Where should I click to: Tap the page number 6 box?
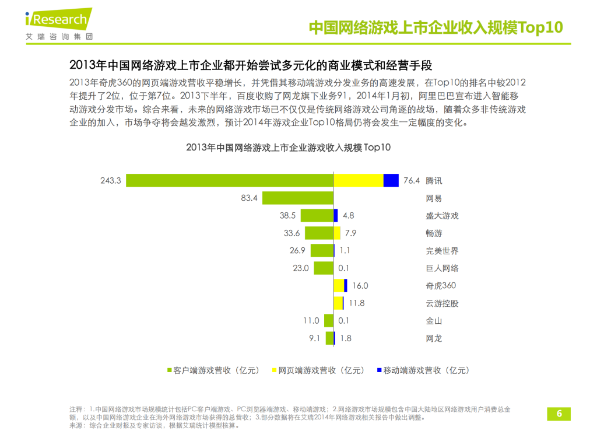(x=559, y=414)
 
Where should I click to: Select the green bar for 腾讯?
(x=230, y=181)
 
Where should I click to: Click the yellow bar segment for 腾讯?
(x=358, y=181)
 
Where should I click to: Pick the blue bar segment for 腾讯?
(x=391, y=181)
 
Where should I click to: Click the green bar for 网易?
(x=297, y=198)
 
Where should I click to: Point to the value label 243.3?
(x=110, y=181)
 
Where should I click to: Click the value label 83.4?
(x=249, y=198)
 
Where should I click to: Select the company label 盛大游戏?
(x=442, y=216)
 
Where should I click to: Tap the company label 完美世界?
(x=442, y=251)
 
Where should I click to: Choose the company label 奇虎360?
(x=441, y=286)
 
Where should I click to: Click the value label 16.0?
(x=360, y=286)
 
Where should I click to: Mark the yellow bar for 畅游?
(x=337, y=233)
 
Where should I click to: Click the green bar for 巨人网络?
(x=324, y=268)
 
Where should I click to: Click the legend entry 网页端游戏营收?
(x=318, y=370)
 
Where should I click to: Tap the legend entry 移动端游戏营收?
(x=423, y=370)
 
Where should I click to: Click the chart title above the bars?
(x=288, y=148)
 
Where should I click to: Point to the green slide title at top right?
(x=435, y=27)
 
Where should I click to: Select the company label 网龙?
(x=434, y=338)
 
